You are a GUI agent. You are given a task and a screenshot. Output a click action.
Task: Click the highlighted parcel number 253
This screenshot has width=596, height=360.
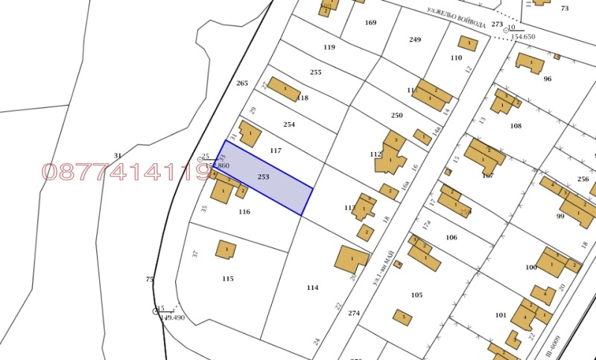[263, 177]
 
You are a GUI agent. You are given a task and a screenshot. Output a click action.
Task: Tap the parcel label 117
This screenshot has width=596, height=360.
[276, 151]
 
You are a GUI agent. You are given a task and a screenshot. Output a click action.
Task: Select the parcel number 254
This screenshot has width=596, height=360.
[289, 124]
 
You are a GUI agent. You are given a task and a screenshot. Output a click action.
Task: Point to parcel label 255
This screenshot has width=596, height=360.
[316, 72]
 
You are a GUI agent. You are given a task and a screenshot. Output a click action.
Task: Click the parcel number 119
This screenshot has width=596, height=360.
[329, 47]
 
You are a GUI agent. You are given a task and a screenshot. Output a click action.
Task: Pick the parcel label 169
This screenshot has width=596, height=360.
[370, 22]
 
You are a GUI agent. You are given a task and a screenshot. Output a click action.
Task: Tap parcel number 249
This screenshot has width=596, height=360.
[415, 40]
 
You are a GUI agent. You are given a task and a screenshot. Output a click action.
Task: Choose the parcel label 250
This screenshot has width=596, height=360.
[396, 116]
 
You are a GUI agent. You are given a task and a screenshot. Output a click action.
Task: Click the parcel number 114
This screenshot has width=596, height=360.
[312, 287]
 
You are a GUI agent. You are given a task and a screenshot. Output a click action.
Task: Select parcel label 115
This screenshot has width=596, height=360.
[227, 279]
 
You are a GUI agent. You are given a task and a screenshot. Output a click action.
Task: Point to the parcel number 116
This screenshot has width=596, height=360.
[244, 212]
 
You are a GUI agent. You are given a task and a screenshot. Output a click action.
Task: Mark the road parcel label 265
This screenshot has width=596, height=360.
[241, 83]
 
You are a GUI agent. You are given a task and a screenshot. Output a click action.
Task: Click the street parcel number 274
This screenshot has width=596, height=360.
[354, 313]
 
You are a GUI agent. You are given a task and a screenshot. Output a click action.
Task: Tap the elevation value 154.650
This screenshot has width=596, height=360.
[522, 37]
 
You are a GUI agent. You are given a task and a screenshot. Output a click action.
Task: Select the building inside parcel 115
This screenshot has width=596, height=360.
[226, 249]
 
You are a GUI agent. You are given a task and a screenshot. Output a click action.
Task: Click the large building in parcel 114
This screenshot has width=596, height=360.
[351, 259]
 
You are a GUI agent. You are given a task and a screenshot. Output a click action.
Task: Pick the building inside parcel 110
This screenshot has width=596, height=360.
[469, 42]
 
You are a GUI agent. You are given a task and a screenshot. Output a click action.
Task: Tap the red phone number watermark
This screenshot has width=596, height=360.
[127, 173]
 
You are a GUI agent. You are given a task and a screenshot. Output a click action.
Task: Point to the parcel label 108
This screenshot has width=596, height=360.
[516, 126]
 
